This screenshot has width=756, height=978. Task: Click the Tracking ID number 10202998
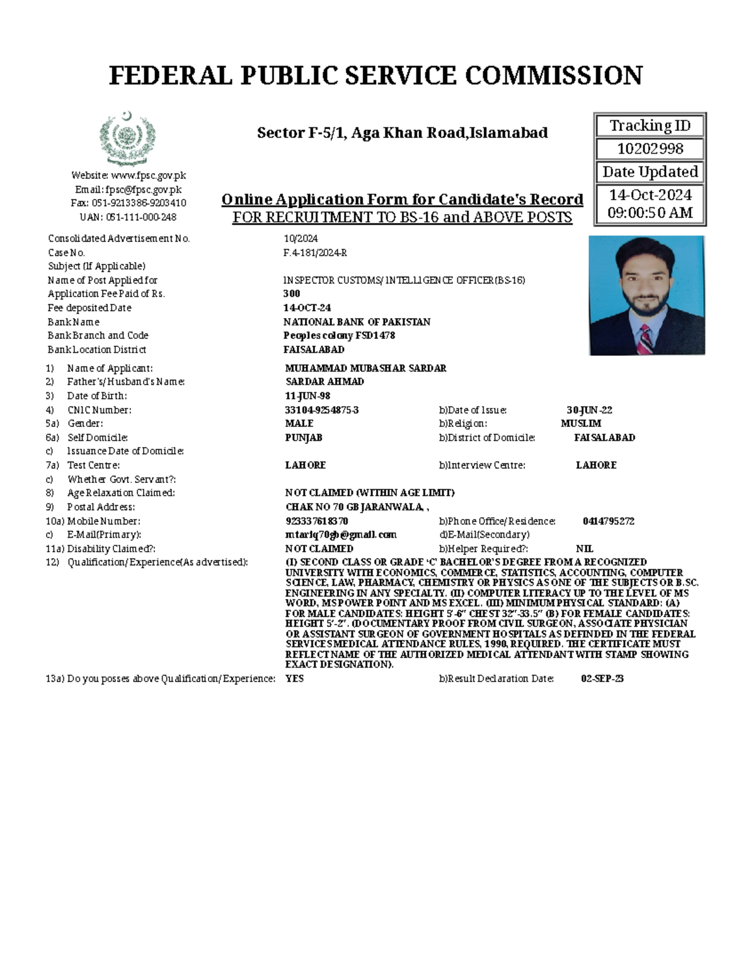click(650, 149)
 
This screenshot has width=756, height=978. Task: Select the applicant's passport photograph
click(646, 295)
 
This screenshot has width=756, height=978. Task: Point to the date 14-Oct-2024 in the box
click(650, 195)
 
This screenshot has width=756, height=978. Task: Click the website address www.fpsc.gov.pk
click(148, 176)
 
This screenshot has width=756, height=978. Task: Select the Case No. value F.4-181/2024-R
click(315, 253)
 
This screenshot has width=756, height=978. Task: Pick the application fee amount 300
click(292, 293)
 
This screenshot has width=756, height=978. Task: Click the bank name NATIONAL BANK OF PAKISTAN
click(357, 322)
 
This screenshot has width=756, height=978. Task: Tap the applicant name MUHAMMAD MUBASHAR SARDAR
click(365, 368)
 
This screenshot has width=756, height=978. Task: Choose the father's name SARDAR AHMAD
click(324, 382)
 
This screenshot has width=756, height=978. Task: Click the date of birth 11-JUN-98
click(307, 396)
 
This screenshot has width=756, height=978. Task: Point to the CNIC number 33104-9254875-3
click(322, 410)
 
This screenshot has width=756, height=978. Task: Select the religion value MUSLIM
click(581, 424)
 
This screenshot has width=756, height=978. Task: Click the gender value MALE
click(299, 424)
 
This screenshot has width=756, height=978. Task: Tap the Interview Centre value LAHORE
click(596, 465)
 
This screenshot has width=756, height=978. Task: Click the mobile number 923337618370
click(316, 521)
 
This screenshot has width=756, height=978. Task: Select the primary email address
click(341, 535)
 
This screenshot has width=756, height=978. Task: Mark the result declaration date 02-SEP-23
click(602, 679)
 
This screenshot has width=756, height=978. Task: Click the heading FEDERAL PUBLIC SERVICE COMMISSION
click(376, 76)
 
